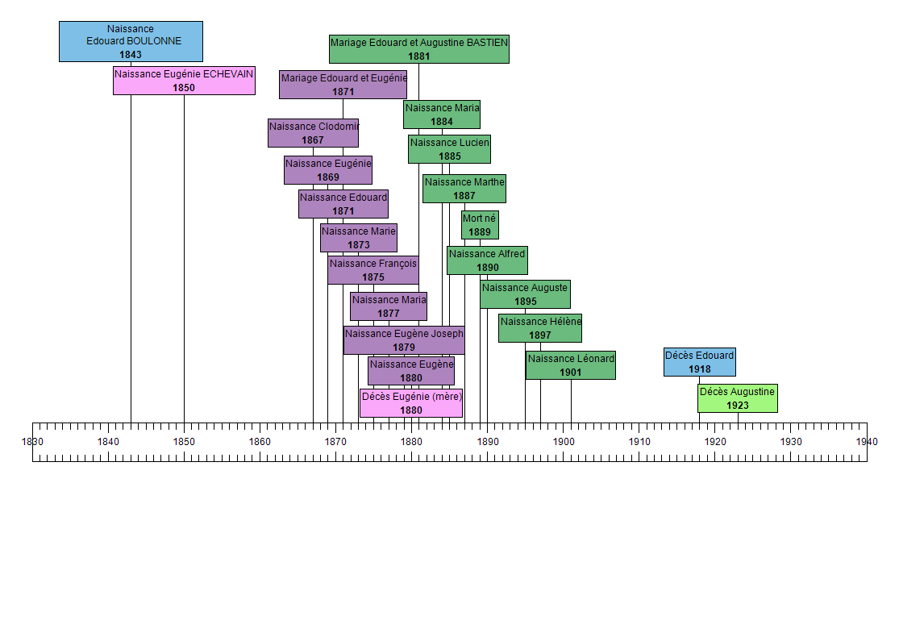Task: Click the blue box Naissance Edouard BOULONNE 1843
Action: coord(131,41)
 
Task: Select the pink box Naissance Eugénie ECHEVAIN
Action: coord(184,81)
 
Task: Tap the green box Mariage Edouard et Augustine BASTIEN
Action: coord(418,49)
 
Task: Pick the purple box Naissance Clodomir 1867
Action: coord(313,133)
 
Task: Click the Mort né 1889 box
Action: coord(480,225)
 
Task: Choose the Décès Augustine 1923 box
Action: coord(737,398)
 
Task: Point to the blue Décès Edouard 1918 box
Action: coord(699,362)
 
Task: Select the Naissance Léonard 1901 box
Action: coord(571,365)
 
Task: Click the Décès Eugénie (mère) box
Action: coord(411,403)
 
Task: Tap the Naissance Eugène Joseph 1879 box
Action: coord(404,340)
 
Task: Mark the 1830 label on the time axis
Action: coord(32,442)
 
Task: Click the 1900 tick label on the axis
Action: coord(564,442)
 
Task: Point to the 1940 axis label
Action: coord(867,442)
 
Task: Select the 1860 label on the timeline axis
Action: coord(260,442)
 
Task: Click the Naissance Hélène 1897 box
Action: coord(540,328)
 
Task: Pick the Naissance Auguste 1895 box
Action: coord(525,294)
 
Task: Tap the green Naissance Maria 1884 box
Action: coord(442,114)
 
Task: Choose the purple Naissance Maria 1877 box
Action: coord(389,306)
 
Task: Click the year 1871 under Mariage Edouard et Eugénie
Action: coord(343,92)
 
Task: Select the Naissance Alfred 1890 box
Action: coord(487,260)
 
